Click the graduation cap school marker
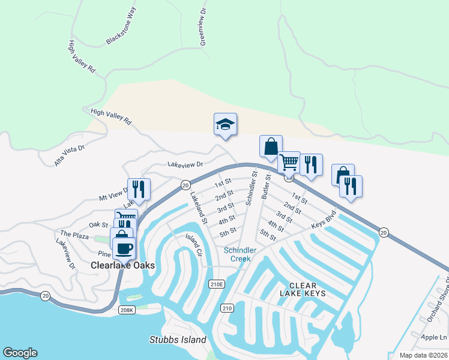pos(225,124)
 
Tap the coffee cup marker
pos(124,248)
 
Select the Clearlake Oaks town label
pos(123,265)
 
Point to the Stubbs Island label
pos(178,340)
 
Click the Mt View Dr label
pos(113,194)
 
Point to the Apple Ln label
pos(434,337)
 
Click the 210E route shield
pos(216,283)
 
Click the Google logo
pos(20,353)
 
